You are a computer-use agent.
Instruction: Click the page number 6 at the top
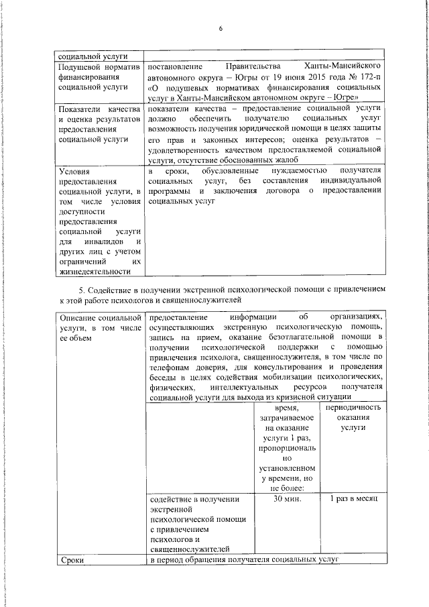(x=219, y=27)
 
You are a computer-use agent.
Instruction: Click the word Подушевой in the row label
(x=80, y=67)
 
